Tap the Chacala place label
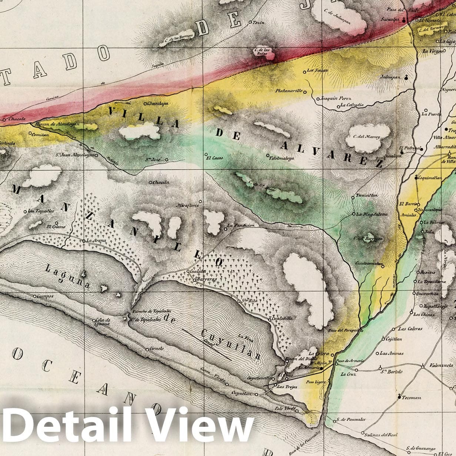click(x=17, y=119)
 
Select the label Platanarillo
click(x=289, y=91)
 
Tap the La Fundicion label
click(x=241, y=225)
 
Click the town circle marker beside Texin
click(x=250, y=23)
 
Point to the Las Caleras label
click(x=410, y=329)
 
